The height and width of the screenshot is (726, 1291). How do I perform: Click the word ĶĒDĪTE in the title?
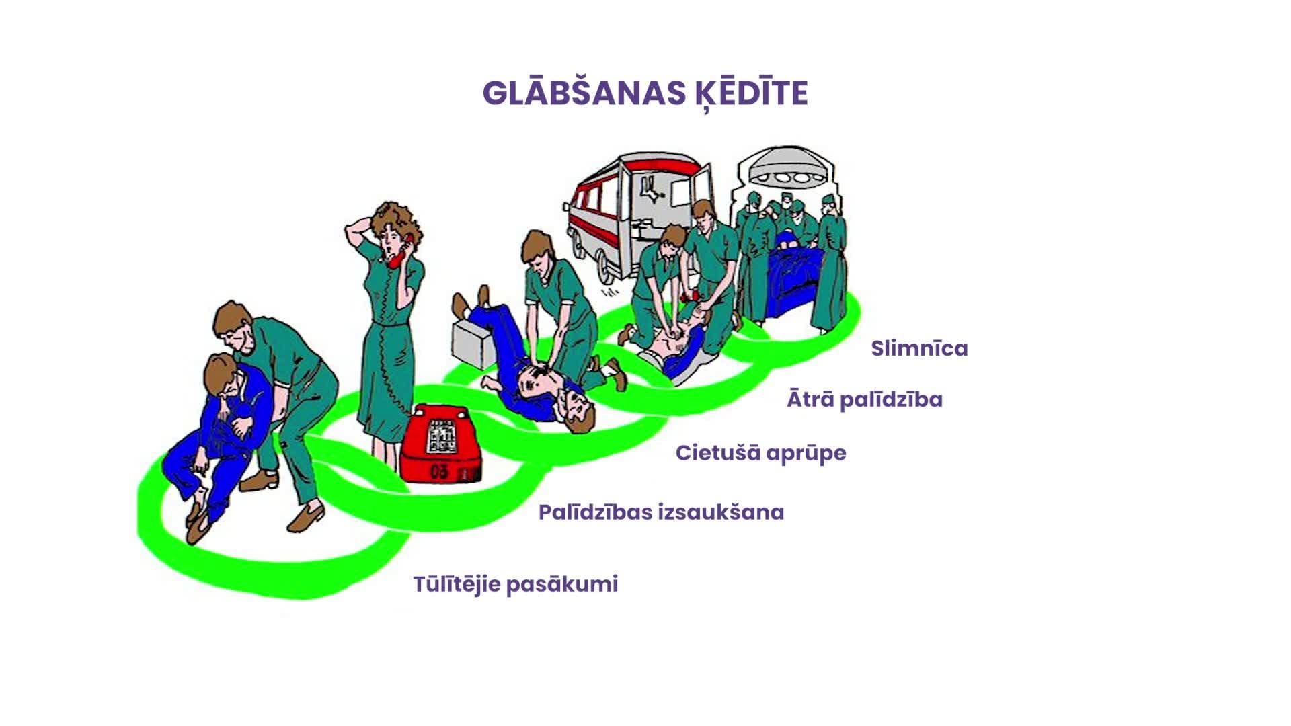750,93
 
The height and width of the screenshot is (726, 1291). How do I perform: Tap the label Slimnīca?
918,348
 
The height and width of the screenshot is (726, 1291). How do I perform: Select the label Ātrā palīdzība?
865,400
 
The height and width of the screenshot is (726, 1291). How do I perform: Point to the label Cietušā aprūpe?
760,453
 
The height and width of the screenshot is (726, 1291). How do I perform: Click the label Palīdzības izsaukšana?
661,512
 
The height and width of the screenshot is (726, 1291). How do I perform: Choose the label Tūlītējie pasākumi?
515,583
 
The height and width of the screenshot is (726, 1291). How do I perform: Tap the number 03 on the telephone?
439,471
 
